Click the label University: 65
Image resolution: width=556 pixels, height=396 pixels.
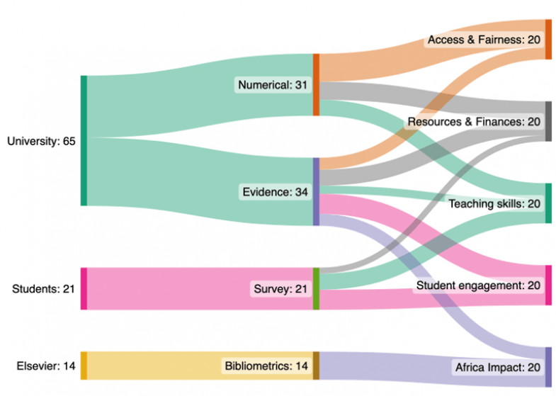(41, 141)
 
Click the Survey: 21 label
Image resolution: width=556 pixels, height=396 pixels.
(281, 289)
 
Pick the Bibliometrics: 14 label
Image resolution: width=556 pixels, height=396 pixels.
(266, 366)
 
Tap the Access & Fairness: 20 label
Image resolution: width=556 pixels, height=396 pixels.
(484, 40)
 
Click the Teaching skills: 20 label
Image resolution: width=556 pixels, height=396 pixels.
(494, 204)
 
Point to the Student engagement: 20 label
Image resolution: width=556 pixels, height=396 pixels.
(479, 285)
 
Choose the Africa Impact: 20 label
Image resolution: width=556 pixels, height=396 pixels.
(497, 368)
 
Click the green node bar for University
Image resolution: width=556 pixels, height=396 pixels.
(84, 140)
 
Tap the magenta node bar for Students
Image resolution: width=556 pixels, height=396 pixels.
(84, 288)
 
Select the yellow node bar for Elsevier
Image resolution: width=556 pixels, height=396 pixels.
(84, 366)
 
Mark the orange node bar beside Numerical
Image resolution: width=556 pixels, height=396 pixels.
(316, 84)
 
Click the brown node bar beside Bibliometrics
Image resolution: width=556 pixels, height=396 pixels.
(316, 366)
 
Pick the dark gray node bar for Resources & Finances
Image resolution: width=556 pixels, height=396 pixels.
(548, 121)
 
